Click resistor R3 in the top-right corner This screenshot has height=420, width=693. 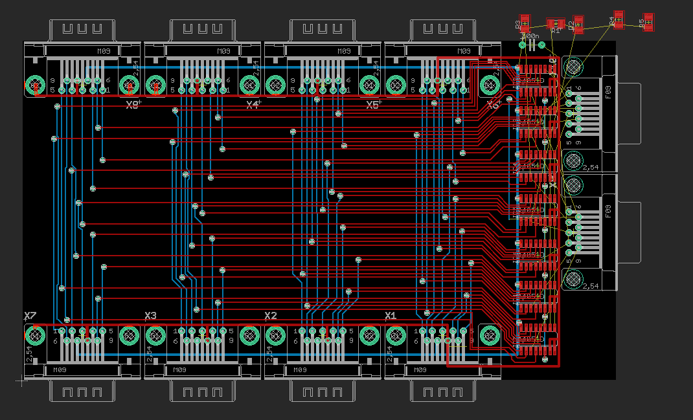click(x=525, y=23)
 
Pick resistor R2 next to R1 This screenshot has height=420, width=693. click(x=578, y=25)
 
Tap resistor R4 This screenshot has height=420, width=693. click(x=619, y=19)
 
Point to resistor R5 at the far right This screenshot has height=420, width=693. click(x=648, y=22)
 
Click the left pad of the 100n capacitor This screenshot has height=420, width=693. click(x=523, y=45)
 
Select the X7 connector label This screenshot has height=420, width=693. click(x=30, y=316)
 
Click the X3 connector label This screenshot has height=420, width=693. click(x=150, y=316)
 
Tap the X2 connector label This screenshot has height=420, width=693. click(x=271, y=316)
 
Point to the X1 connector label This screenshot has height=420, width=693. click(x=391, y=316)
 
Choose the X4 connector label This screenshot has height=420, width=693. click(x=253, y=105)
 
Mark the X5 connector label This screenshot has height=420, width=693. click(x=372, y=105)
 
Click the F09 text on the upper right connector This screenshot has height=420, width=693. click(x=608, y=93)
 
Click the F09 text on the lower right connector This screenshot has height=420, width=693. click(x=608, y=212)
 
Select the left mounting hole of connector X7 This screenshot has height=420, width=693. click(x=35, y=335)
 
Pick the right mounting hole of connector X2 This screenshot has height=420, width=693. click(x=369, y=335)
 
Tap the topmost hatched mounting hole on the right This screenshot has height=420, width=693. click(x=573, y=67)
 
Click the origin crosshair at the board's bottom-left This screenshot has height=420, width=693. click(x=23, y=381)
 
